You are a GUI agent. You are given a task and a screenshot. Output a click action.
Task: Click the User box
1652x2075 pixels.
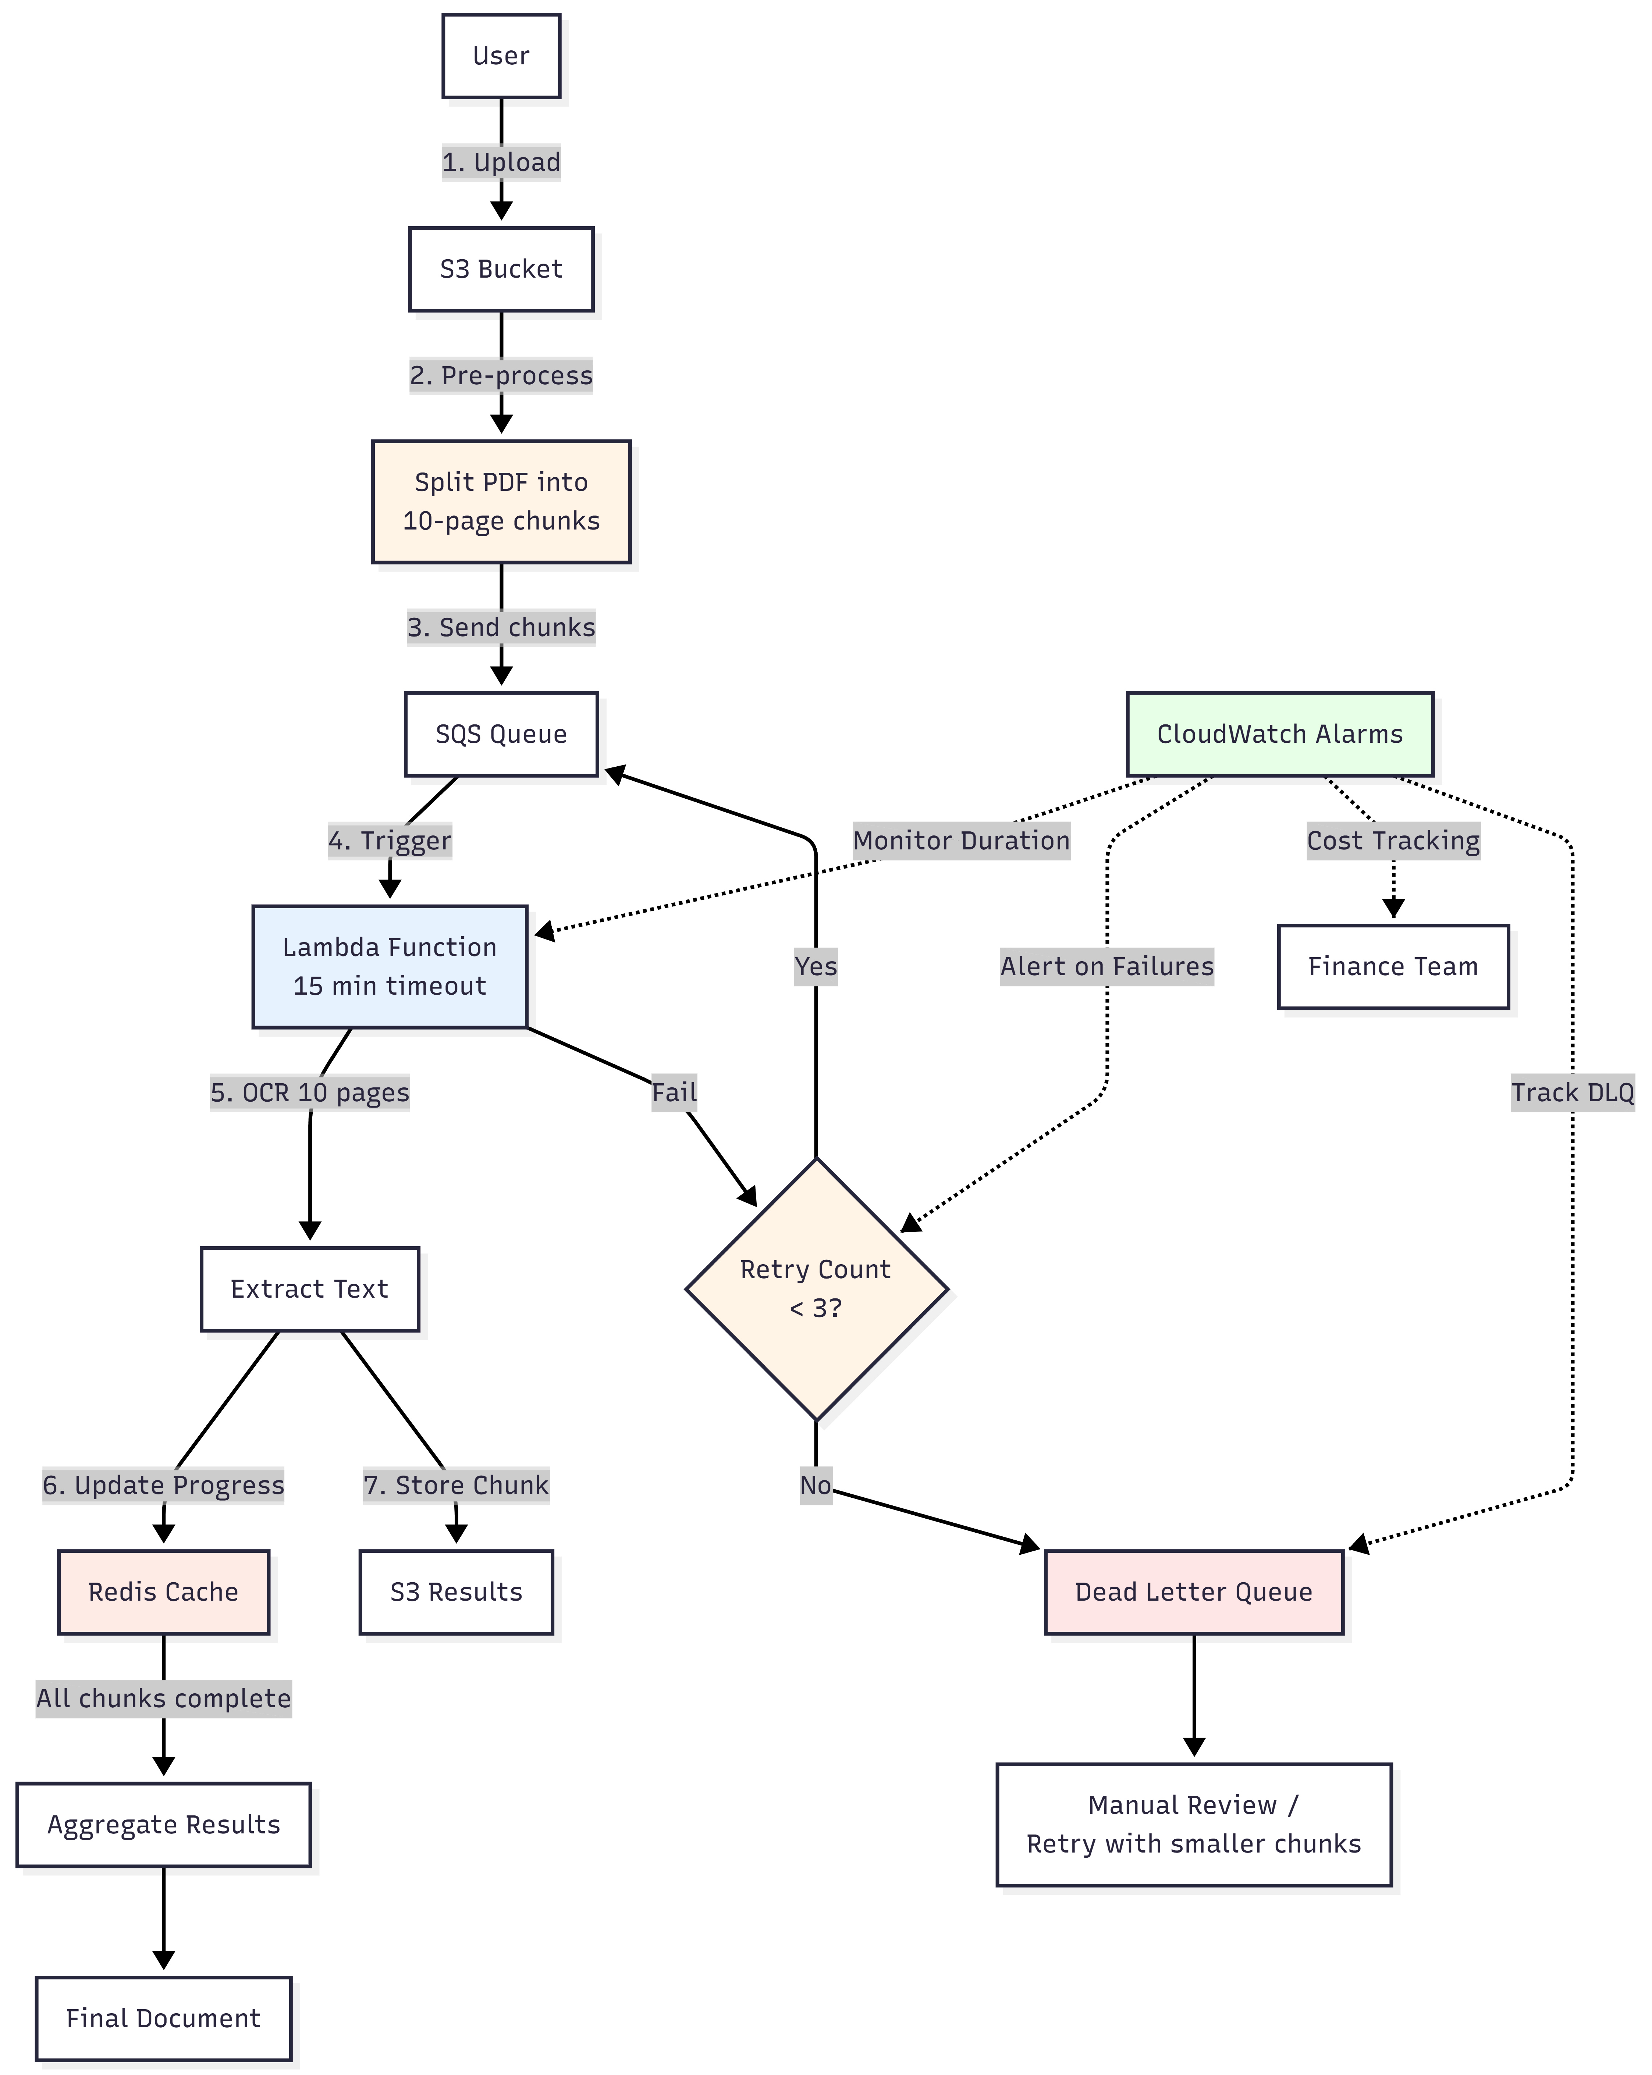point(501,56)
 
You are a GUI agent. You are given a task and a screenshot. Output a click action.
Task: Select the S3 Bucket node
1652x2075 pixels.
point(501,270)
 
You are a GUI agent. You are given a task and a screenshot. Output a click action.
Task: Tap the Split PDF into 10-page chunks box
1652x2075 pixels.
point(501,502)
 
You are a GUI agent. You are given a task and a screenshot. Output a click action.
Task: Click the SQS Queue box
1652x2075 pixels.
point(501,734)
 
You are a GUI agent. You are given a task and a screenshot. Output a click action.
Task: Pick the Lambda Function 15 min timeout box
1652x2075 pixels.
point(390,966)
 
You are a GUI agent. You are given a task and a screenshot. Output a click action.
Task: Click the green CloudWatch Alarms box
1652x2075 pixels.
point(1279,734)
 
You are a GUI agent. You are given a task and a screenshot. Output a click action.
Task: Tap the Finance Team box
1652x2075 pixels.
point(1392,966)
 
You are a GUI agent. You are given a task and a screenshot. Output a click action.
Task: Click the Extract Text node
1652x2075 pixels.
point(309,1289)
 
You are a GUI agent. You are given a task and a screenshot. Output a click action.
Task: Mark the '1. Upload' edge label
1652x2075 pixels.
point(501,162)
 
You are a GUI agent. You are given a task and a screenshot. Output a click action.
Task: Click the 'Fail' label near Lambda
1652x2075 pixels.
point(674,1092)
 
